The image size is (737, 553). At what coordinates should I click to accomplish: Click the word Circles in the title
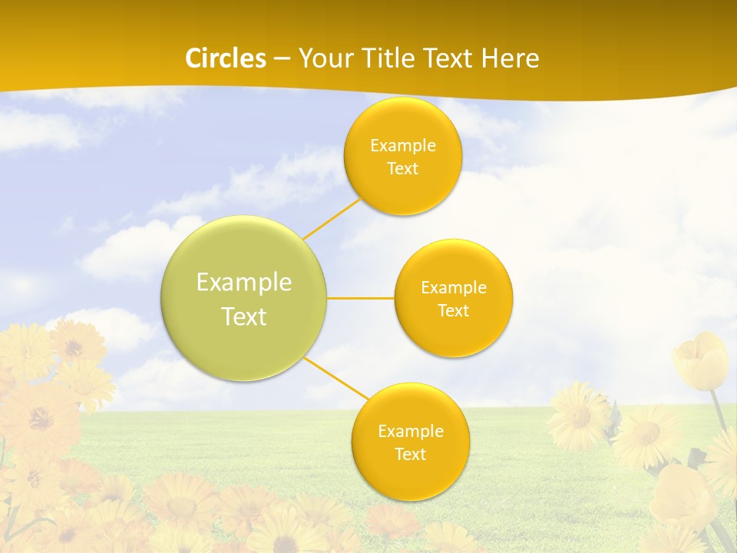pos(226,58)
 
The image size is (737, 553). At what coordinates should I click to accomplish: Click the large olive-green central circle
pos(244,298)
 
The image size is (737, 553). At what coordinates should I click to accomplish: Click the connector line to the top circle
pos(332,218)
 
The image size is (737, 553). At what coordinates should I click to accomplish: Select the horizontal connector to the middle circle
pos(361,298)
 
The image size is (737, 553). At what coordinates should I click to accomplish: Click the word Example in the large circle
pos(244,283)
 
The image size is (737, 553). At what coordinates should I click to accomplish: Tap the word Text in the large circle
pos(244,316)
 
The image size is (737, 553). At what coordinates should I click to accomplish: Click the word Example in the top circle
pos(402,146)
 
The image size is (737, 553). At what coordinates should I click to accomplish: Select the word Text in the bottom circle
pos(410,455)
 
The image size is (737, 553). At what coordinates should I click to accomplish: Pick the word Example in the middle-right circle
pos(453,288)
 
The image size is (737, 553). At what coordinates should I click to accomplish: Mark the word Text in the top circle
pos(402,169)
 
